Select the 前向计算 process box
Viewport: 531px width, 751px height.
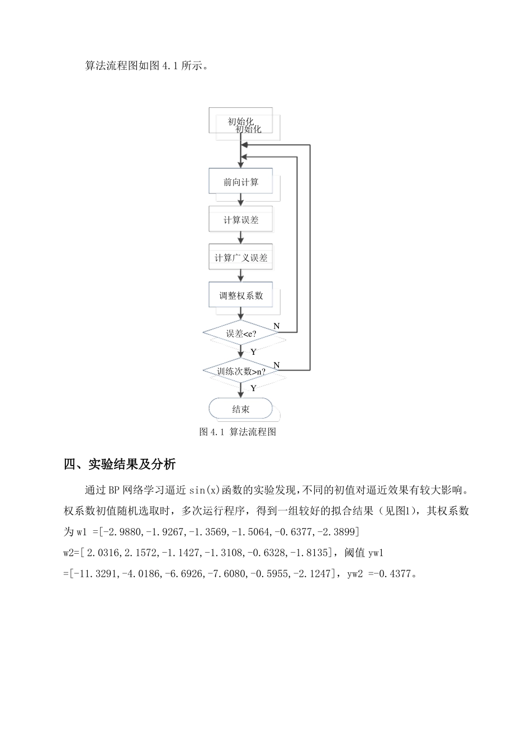(x=241, y=182)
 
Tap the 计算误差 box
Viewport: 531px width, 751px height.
(x=241, y=220)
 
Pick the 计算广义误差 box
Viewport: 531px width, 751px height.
(x=241, y=258)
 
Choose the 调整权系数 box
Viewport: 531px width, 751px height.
(x=241, y=295)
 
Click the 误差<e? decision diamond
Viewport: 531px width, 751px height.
(x=241, y=334)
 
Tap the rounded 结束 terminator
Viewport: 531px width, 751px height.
(x=241, y=409)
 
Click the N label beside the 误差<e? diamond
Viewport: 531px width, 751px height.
(x=276, y=326)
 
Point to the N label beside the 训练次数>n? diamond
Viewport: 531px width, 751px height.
(x=276, y=365)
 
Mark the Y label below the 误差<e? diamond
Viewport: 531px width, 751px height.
(x=253, y=352)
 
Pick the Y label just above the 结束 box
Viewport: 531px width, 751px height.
(x=253, y=388)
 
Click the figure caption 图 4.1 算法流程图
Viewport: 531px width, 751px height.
(x=238, y=432)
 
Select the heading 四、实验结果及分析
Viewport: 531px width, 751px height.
(x=120, y=464)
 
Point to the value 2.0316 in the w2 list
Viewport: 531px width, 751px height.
(x=99, y=553)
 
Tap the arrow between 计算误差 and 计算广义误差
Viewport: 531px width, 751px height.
(x=241, y=238)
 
